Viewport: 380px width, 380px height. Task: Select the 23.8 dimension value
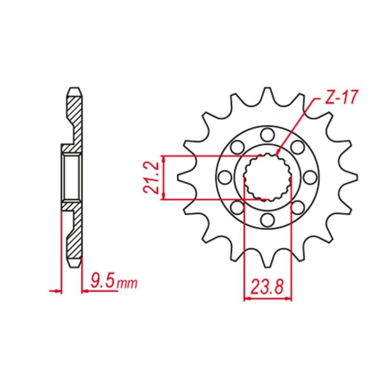click(267, 286)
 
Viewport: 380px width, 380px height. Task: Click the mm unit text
click(127, 284)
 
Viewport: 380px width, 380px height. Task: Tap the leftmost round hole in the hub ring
click(224, 177)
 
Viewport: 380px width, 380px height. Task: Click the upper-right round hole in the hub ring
click(298, 146)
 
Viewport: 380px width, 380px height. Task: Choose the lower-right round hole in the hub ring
click(298, 208)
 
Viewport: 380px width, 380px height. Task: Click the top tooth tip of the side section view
click(74, 90)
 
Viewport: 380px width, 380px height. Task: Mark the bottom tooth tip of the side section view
click(74, 264)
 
